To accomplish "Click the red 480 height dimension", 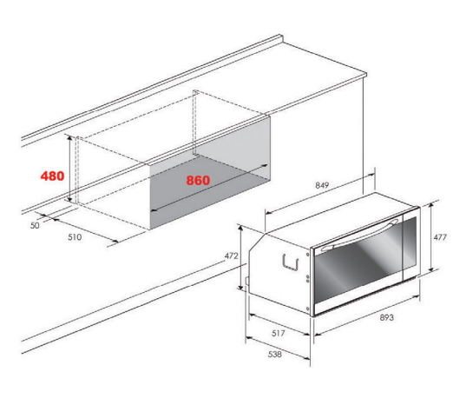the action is pos(52,176).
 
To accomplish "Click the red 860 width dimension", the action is pos(198,180).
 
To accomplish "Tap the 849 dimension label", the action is pos(322,185).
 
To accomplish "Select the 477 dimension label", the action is pos(440,237).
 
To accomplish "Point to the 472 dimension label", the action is pos(231,256).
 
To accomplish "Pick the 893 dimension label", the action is pos(386,317).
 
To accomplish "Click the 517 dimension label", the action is pos(278,333).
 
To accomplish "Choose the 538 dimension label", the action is pos(274,354).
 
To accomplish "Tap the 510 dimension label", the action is pos(75,237).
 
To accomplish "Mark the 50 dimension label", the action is pos(35,225).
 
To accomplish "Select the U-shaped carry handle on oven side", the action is pos(290,262).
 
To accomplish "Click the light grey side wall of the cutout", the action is pos(233,136).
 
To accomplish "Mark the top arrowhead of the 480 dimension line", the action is pos(69,138).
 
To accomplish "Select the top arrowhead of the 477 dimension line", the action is pos(430,205).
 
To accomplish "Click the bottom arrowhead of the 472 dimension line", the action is pos(240,287).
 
